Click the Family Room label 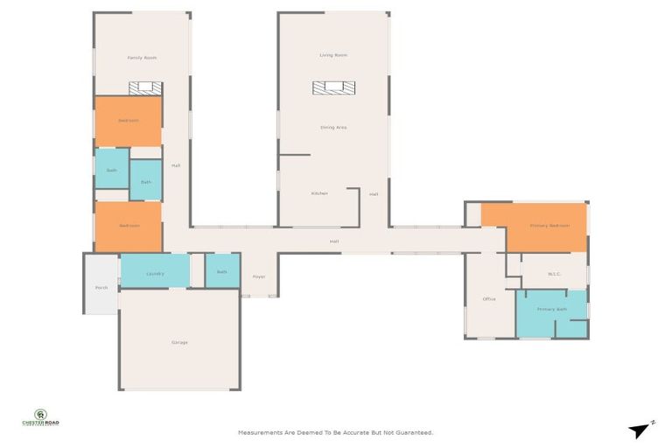point(142,58)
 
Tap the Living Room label point(333,55)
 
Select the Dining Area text point(333,128)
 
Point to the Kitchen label point(319,193)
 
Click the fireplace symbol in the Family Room point(145,87)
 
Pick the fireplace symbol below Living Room point(333,87)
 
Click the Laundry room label point(155,273)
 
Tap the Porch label point(101,288)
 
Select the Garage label point(179,342)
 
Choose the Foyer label point(259,276)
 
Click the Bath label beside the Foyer point(222,272)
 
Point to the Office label point(489,299)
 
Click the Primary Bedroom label point(549,226)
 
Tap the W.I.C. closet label point(554,274)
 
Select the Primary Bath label point(552,310)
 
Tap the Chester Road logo point(41,418)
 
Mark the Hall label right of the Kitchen point(374,194)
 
